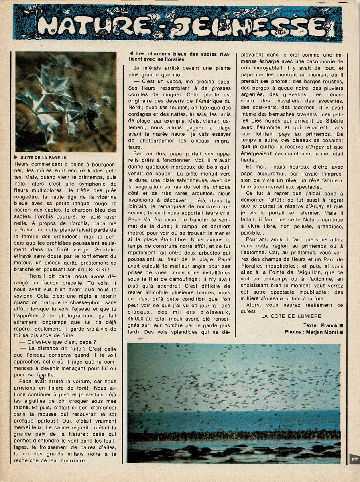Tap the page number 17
click(354, 459)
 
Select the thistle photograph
click(66, 102)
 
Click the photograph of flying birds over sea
click(234, 403)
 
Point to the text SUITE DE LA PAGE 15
click(43, 157)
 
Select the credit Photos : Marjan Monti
click(311, 332)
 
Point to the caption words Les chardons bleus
click(161, 54)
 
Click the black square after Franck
click(341, 325)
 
